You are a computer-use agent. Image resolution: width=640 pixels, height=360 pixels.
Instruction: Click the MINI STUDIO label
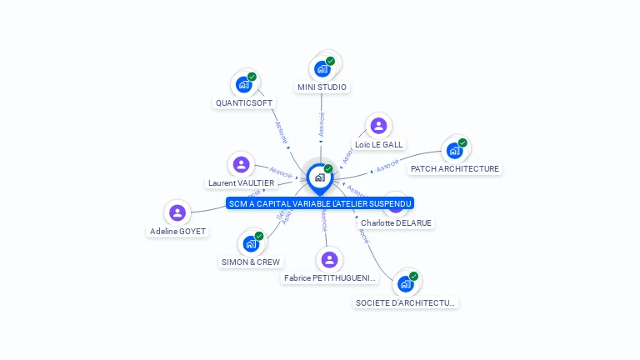322,87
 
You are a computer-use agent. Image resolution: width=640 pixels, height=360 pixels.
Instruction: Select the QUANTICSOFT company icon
243,84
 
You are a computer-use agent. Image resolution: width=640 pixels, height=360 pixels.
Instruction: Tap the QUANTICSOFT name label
244,103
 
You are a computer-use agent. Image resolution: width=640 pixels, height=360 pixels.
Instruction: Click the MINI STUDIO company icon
322,69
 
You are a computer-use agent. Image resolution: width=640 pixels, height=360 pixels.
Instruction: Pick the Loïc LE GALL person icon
378,126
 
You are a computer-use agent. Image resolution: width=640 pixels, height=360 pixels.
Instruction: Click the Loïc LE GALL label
378,144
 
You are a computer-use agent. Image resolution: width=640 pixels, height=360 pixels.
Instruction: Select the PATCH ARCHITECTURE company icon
454,150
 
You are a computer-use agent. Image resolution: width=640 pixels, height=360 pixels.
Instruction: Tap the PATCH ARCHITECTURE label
455,168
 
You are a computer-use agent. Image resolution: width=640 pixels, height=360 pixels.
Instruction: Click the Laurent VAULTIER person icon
241,164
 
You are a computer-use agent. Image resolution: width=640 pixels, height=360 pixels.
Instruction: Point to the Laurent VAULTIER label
241,183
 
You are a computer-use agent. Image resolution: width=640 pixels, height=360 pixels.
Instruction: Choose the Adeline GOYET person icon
177,212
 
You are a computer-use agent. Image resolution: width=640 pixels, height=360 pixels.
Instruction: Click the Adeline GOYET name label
177,231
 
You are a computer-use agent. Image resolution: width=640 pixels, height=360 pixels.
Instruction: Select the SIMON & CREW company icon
250,244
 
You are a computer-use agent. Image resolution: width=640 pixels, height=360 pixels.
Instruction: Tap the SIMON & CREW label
251,262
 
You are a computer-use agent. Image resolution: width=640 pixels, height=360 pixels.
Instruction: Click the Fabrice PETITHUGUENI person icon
330,259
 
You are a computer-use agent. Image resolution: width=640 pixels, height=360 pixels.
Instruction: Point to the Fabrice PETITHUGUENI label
330,277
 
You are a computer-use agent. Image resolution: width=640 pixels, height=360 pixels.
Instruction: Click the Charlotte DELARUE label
397,222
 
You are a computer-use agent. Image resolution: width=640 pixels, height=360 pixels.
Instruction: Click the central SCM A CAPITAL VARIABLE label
320,203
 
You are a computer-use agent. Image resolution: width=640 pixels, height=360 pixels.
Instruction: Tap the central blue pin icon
319,177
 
